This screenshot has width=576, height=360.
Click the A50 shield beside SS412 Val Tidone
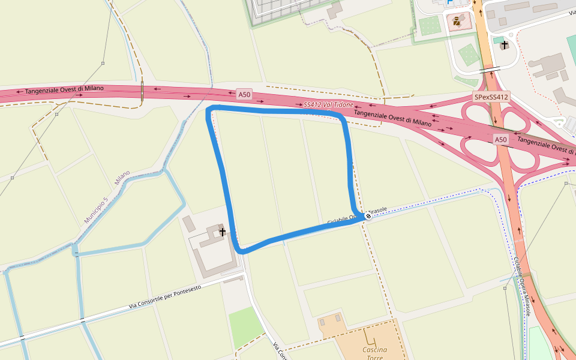tap(244, 94)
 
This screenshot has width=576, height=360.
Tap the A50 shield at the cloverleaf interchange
tap(501, 140)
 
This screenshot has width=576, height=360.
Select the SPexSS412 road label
tap(491, 97)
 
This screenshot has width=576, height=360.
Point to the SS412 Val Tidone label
tap(328, 105)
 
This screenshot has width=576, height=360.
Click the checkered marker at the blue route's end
tap(368, 216)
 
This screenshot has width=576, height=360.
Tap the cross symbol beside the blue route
tap(223, 232)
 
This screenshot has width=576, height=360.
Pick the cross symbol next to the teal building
tap(505, 44)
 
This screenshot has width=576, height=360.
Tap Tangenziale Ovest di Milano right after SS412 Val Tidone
tap(392, 118)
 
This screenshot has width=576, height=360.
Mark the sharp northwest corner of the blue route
tap(209, 109)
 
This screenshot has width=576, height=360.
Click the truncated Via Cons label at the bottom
tap(280, 351)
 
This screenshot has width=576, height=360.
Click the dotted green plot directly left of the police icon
tap(430, 25)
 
